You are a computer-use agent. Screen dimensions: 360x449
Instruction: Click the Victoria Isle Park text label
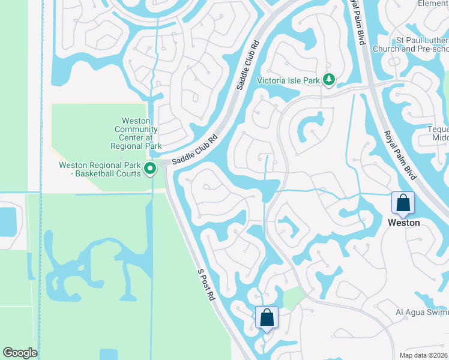coord(288,80)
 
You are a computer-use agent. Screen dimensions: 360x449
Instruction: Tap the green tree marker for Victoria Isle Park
coord(328,79)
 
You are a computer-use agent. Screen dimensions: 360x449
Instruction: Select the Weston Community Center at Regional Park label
coord(136,133)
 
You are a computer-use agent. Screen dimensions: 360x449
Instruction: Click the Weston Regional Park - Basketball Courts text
coord(100,169)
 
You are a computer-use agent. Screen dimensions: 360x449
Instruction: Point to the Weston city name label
coord(403,223)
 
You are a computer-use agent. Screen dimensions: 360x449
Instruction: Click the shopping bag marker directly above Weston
coord(403,203)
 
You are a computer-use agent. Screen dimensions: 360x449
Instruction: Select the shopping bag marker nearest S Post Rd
coord(266,317)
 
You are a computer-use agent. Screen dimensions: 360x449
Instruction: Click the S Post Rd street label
coord(206,284)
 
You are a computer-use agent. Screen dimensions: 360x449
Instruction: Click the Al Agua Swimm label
coord(421,313)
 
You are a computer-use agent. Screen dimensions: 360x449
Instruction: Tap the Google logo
coord(20,353)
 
